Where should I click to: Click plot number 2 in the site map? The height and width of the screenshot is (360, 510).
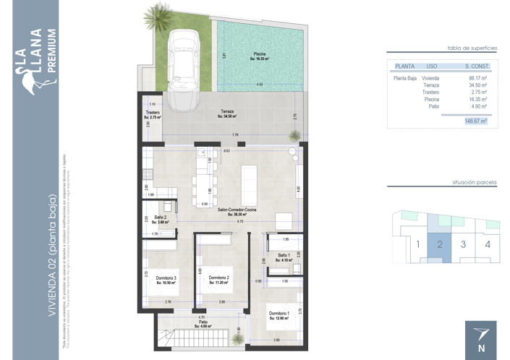(439, 244)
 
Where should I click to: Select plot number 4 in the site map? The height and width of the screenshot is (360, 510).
(488, 244)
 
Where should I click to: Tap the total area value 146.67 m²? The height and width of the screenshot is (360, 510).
(475, 121)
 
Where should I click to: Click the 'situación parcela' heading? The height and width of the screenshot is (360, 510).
(474, 183)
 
